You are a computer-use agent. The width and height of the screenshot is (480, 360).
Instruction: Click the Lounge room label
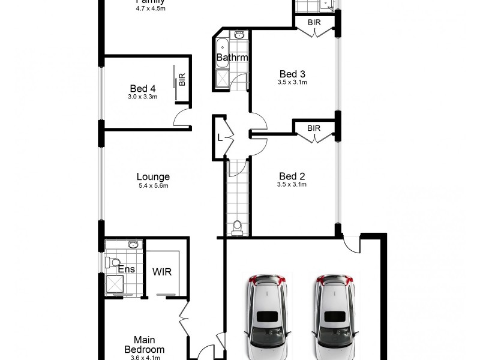click(x=153, y=177)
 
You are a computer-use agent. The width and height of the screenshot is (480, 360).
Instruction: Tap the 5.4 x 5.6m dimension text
click(x=153, y=186)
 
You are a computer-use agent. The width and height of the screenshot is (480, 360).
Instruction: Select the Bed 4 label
click(x=143, y=88)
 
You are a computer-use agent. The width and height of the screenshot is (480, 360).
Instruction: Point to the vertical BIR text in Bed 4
click(x=182, y=79)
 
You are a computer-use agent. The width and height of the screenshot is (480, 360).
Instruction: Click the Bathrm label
click(x=232, y=58)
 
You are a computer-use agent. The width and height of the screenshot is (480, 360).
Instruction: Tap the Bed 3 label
click(x=292, y=74)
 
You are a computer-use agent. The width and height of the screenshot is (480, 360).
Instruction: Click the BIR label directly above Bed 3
click(x=313, y=22)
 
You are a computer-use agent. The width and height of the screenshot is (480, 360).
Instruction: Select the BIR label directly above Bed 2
click(x=313, y=128)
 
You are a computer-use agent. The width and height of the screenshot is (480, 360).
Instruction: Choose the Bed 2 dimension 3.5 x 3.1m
click(x=292, y=185)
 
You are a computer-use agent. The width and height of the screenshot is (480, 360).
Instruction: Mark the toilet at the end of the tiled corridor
click(x=238, y=226)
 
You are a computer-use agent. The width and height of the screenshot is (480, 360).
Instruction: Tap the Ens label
click(x=126, y=269)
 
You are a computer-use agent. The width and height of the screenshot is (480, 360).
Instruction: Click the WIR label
click(x=161, y=272)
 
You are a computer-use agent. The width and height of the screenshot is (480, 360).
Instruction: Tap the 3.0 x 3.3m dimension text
click(x=143, y=96)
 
